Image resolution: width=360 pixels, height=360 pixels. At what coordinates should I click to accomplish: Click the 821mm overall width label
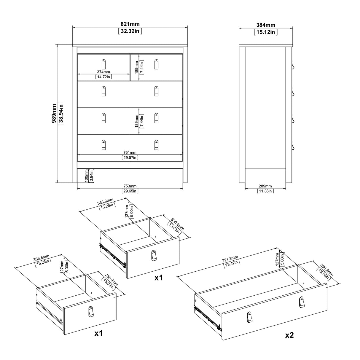[130, 24]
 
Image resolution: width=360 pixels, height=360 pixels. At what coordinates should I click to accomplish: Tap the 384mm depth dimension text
[266, 25]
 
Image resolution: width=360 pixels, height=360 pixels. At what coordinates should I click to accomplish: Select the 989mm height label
[54, 113]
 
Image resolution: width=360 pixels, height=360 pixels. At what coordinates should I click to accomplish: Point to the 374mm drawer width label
[103, 72]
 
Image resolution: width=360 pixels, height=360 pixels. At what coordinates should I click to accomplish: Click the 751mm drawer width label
[130, 153]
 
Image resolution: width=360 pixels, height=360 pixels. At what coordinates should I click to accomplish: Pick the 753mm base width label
[130, 186]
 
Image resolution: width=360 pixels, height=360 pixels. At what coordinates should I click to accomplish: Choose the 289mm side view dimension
[265, 186]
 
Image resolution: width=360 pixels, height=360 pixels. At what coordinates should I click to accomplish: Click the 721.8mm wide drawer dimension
[230, 258]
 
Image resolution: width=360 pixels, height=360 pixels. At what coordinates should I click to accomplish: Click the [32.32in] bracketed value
[130, 31]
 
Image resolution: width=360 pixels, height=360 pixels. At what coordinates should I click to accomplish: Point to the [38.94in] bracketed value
[61, 113]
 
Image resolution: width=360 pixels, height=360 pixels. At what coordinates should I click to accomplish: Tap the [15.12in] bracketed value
[266, 32]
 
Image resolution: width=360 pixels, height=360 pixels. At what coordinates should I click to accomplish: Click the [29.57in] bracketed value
[130, 158]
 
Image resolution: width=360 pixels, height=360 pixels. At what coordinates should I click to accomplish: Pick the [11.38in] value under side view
[265, 191]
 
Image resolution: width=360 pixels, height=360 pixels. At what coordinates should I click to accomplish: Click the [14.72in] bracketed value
[103, 77]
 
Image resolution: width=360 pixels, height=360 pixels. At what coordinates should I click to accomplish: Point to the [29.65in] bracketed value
[130, 191]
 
